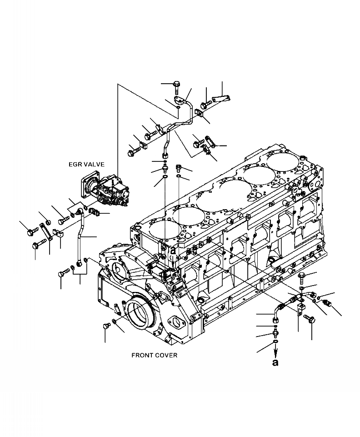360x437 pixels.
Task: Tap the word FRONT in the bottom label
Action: coord(142,355)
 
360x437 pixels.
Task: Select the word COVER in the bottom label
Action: coord(166,355)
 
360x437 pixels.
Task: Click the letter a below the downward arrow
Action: coord(275,362)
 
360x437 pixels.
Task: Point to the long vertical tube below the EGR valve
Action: coord(81,236)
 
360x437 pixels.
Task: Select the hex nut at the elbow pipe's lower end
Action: coord(275,322)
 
